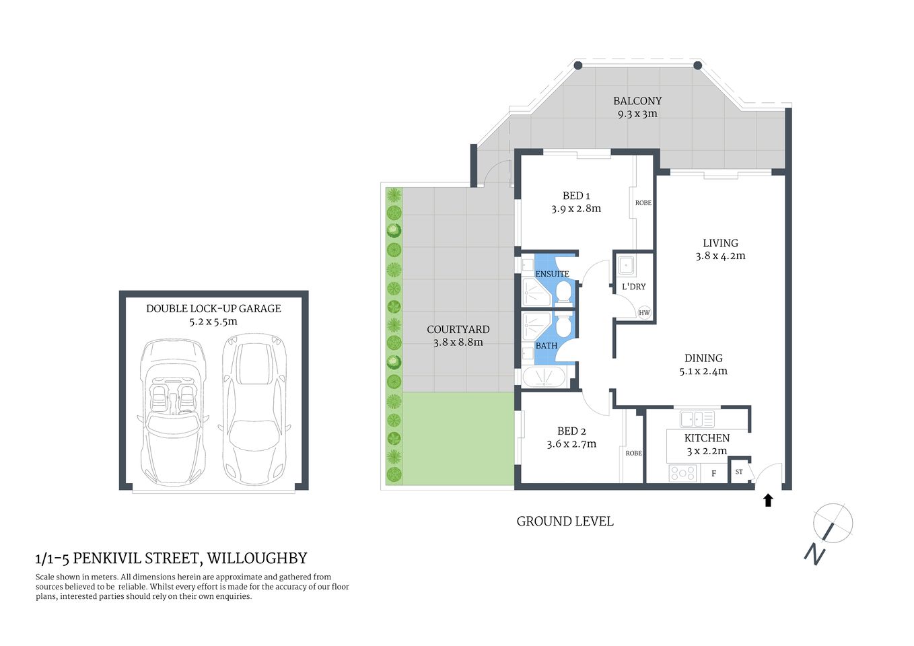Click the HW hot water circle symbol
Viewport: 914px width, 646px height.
click(x=644, y=312)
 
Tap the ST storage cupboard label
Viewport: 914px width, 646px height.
click(x=739, y=472)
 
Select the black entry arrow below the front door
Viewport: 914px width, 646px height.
click(x=768, y=500)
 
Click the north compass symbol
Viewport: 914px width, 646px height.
click(x=832, y=524)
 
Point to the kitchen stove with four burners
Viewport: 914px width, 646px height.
click(x=682, y=474)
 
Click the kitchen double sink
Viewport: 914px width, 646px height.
click(x=697, y=419)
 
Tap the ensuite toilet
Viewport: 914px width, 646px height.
click(x=564, y=293)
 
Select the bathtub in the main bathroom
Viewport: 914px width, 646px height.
click(x=545, y=376)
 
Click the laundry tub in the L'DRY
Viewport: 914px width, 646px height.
click(x=626, y=266)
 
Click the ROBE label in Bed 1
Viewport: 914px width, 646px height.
click(x=643, y=203)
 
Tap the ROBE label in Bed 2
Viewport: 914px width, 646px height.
click(x=633, y=453)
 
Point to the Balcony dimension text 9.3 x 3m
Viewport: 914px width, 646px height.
click(x=637, y=114)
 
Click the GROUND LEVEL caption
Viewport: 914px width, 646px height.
click(x=565, y=521)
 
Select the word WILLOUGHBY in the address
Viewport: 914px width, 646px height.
click(x=256, y=558)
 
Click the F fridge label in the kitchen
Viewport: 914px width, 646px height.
click(x=713, y=474)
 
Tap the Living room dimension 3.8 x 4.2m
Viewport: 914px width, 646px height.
click(x=720, y=256)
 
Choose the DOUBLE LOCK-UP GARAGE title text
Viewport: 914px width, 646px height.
click(x=213, y=308)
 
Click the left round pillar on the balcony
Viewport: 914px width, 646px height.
click(x=577, y=65)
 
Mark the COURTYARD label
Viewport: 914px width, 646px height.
click(x=458, y=329)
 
